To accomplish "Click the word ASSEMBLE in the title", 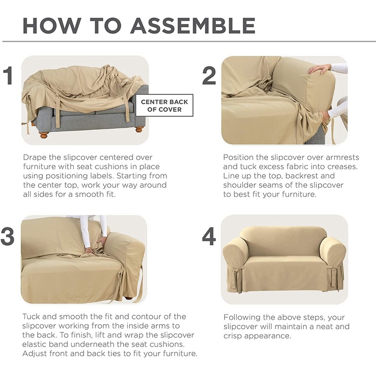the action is tap(193, 25).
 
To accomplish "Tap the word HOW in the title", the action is tap(52, 25).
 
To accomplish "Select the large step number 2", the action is tap(209, 76).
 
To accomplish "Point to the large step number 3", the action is tap(8, 236).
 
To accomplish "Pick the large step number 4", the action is tap(209, 237).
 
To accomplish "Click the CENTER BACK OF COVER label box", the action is tap(164, 105).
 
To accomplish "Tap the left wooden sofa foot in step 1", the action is tap(44, 134).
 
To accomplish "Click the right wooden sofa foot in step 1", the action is tap(139, 129).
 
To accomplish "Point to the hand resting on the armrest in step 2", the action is tap(320, 69).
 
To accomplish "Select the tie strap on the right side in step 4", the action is tap(334, 276).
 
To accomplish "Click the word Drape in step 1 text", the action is tap(35, 157).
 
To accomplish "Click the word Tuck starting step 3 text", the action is tap(31, 316).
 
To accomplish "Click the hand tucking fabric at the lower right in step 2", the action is tap(325, 117).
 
